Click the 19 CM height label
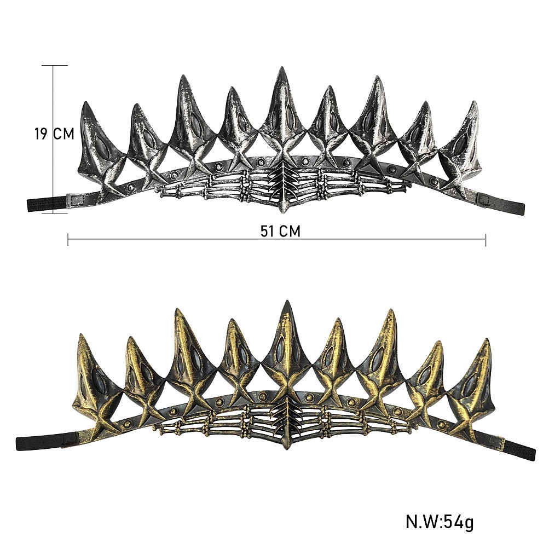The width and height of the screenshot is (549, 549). pyautogui.click(x=54, y=134)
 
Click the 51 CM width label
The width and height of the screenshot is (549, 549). pyautogui.click(x=280, y=231)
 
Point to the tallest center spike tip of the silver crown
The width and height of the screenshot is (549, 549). pyautogui.click(x=281, y=67)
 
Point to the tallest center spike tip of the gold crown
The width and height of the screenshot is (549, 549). pyautogui.click(x=288, y=301)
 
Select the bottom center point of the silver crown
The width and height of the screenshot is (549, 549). pyautogui.click(x=284, y=211)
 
